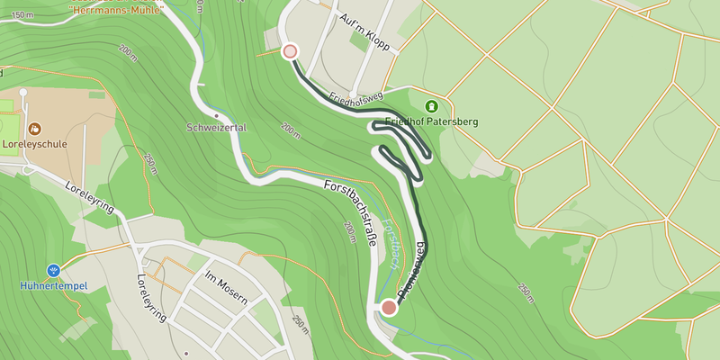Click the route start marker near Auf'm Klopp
tap(290, 51)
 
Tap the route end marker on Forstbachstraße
tap(389, 308)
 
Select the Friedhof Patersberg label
tap(431, 121)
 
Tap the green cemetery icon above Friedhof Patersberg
tap(431, 105)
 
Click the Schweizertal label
tap(217, 128)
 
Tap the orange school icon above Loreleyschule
tap(35, 129)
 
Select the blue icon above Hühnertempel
tap(53, 270)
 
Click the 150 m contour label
tap(22, 15)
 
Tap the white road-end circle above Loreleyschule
tap(22, 92)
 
